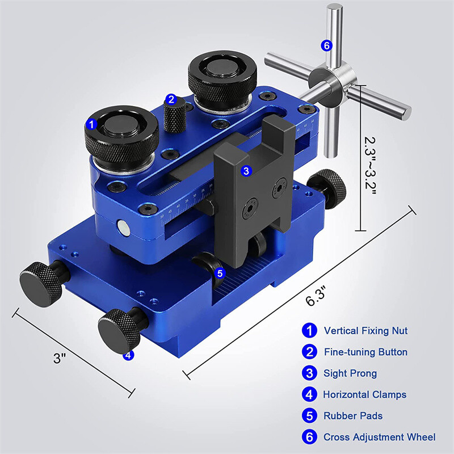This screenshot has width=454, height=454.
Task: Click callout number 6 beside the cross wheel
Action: pyautogui.click(x=327, y=45)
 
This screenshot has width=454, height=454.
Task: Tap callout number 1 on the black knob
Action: pyautogui.click(x=91, y=124)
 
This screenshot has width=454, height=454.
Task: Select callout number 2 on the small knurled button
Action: pyautogui.click(x=171, y=100)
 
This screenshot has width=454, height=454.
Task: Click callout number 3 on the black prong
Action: pyautogui.click(x=246, y=171)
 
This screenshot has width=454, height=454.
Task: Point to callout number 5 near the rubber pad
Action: pyautogui.click(x=220, y=273)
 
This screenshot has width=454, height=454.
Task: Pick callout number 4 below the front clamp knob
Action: pyautogui.click(x=128, y=355)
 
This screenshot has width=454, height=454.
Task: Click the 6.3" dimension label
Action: pyautogui.click(x=316, y=296)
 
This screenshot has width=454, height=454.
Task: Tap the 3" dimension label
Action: pyautogui.click(x=60, y=358)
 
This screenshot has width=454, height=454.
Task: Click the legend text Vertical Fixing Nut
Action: pyautogui.click(x=365, y=331)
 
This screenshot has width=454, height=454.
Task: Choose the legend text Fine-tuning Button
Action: pyautogui.click(x=365, y=352)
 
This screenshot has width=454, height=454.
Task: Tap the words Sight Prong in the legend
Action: pyautogui.click(x=350, y=373)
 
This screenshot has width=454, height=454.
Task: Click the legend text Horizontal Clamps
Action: pyautogui.click(x=364, y=394)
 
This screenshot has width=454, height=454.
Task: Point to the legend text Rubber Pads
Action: pyautogui.click(x=353, y=416)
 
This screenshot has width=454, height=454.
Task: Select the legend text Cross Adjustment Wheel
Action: pyautogui.click(x=379, y=437)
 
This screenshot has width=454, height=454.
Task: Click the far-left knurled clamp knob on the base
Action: pyautogui.click(x=41, y=284)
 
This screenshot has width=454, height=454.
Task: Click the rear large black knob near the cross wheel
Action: pyautogui.click(x=222, y=78)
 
